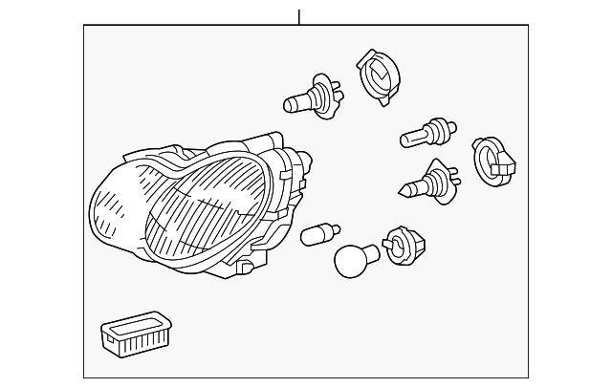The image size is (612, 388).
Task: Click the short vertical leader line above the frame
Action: [299, 17]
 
